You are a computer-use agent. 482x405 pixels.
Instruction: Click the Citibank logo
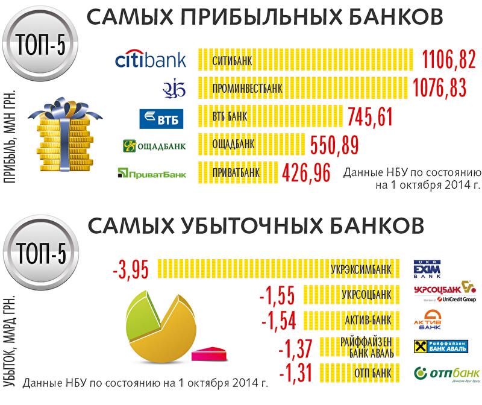click(150, 60)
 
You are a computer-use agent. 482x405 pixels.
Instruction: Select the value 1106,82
click(449, 60)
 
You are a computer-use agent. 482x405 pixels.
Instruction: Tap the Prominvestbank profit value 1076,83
click(440, 88)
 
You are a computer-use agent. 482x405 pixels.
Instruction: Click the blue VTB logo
click(160, 118)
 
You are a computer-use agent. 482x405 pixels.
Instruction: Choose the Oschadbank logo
click(154, 145)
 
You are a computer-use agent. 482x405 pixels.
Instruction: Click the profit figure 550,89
click(334, 145)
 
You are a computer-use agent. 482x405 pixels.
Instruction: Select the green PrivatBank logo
click(151, 174)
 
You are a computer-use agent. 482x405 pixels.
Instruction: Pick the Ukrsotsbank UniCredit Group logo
click(445, 291)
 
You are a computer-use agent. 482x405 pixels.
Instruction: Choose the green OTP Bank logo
click(446, 372)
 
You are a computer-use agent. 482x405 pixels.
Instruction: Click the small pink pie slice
click(211, 353)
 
